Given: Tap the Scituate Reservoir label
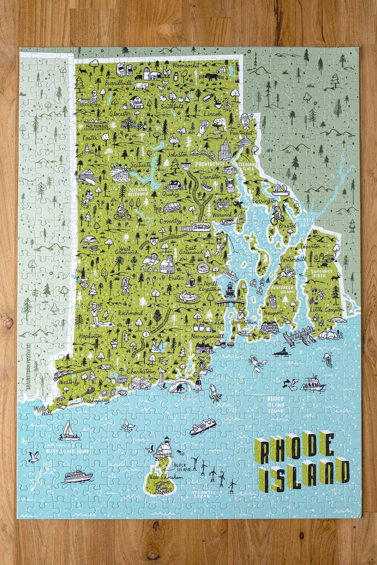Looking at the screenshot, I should coord(139,192).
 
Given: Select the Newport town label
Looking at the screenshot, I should coord(272,312).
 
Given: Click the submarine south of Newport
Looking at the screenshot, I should coord(285,352).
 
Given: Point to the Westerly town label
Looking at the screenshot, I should coord(68,383).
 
